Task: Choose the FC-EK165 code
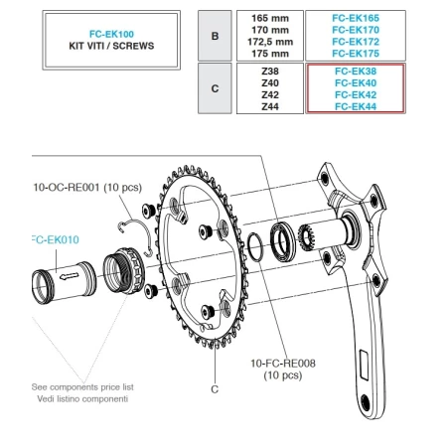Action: tap(354, 18)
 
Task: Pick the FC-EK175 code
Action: tap(354, 55)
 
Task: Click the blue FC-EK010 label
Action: tap(56, 239)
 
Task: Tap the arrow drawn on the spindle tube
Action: tap(68, 278)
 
